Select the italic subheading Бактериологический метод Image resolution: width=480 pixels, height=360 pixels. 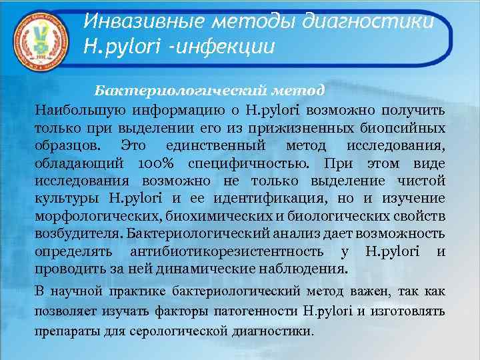tap(209, 89)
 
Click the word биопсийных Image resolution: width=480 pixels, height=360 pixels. tap(406, 127)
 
